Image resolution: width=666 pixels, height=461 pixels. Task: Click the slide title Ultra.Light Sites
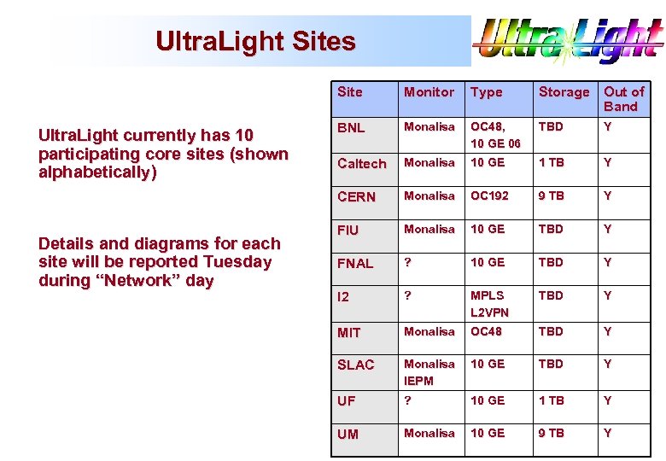click(255, 41)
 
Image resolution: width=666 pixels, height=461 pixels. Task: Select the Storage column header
click(564, 92)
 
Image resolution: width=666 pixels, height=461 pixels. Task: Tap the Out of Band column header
click(624, 99)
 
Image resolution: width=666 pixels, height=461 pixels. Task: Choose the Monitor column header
click(429, 92)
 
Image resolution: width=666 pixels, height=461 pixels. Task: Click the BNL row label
click(351, 128)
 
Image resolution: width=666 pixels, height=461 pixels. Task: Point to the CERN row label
click(356, 197)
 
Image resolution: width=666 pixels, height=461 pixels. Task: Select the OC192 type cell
click(489, 196)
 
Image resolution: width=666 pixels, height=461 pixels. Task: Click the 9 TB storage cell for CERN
click(551, 196)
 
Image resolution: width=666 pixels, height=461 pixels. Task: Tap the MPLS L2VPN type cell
click(489, 304)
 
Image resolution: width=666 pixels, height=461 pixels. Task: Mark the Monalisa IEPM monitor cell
click(429, 372)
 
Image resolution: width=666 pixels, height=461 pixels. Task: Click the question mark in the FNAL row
click(408, 263)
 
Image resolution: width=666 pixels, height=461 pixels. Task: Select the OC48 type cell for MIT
click(486, 332)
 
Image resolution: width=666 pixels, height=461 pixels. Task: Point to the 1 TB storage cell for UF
click(551, 400)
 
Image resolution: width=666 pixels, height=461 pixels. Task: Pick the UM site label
click(348, 435)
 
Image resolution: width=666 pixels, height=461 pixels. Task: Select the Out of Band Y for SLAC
click(607, 365)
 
